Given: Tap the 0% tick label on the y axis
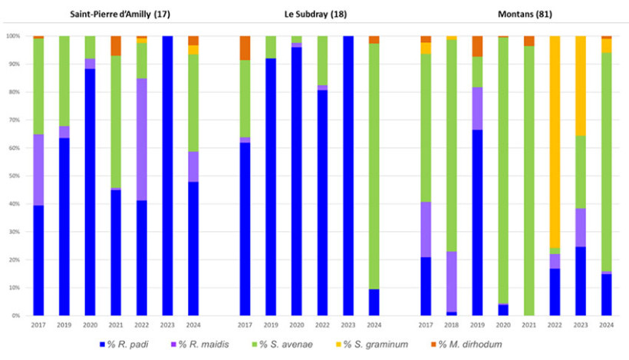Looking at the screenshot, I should pyautogui.click(x=15, y=315).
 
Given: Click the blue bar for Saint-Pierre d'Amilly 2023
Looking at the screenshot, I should pyautogui.click(x=167, y=176).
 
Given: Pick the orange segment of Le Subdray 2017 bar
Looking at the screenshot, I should pyautogui.click(x=245, y=48).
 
